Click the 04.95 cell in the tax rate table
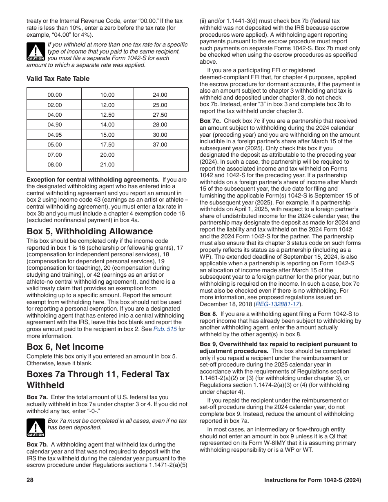[55, 135]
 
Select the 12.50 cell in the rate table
[107, 115]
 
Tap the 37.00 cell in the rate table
[160, 144]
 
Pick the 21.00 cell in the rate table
[107, 164]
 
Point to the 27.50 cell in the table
[160, 115]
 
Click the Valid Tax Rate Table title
[58, 79]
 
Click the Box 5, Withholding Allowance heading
[89, 231]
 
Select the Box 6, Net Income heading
[65, 347]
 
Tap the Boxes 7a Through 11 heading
[98, 380]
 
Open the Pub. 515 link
[165, 329]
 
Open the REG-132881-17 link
[277, 304]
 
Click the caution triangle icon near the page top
[36, 51]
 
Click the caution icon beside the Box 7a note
[36, 427]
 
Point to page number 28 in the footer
[30, 480]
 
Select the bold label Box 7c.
[210, 121]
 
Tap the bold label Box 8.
[208, 314]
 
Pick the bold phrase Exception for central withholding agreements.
[93, 180]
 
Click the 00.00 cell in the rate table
[55, 95]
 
